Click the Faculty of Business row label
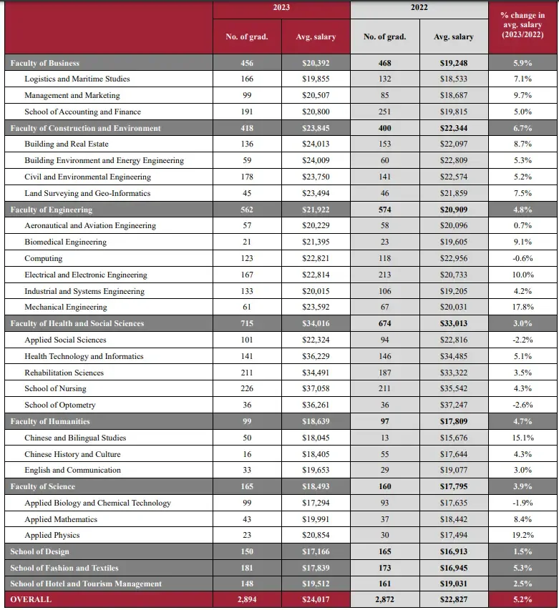[x=44, y=63]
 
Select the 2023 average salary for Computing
[x=316, y=258]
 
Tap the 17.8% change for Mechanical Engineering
[x=522, y=308]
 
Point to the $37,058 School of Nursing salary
[x=316, y=388]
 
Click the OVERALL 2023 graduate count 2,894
[x=246, y=599]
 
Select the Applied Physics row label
[x=52, y=535]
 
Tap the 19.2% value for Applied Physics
[x=522, y=535]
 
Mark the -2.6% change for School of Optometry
[x=522, y=405]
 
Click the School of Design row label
[x=39, y=551]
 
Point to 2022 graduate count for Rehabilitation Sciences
[x=384, y=373]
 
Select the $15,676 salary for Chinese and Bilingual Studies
[x=454, y=438]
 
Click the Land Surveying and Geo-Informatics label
[x=87, y=193]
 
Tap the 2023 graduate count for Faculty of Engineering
[x=246, y=210]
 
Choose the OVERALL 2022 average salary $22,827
[x=454, y=599]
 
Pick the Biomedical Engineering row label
[x=65, y=242]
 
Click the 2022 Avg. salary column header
[x=454, y=36]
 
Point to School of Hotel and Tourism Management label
[x=86, y=584]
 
